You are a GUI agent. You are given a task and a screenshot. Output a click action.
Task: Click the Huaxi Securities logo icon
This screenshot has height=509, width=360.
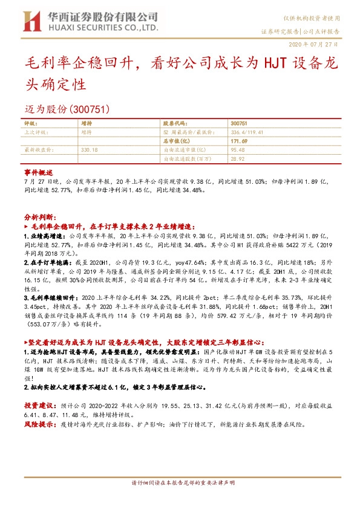point(30,21)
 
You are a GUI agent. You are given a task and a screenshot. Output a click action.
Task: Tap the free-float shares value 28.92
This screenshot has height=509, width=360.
point(237,158)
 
